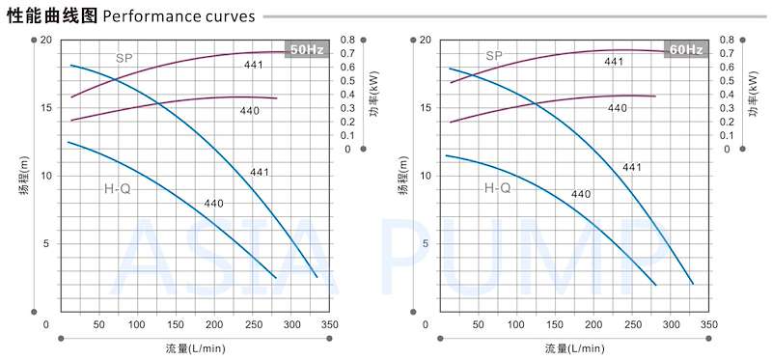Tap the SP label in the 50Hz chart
pyautogui.click(x=124, y=58)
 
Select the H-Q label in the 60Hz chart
pyautogui.click(x=497, y=187)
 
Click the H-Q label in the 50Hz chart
pyautogui.click(x=118, y=188)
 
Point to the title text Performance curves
pyautogui.click(x=179, y=16)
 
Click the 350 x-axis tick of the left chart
pyautogui.click(x=330, y=324)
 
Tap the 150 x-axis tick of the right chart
pyautogui.click(x=555, y=324)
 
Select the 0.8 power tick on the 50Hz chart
pyautogui.click(x=347, y=40)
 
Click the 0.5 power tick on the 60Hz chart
pyautogui.click(x=727, y=80)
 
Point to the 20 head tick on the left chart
pyautogui.click(x=45, y=40)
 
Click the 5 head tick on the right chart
pyautogui.click(x=427, y=244)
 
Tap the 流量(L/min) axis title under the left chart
pyautogui.click(x=196, y=348)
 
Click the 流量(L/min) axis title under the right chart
pyautogui.click(x=574, y=348)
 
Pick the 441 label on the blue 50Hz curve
pyautogui.click(x=259, y=173)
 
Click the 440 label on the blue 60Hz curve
pyautogui.click(x=581, y=195)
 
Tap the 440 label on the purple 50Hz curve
pyautogui.click(x=250, y=111)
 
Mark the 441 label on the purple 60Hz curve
pyautogui.click(x=614, y=62)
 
